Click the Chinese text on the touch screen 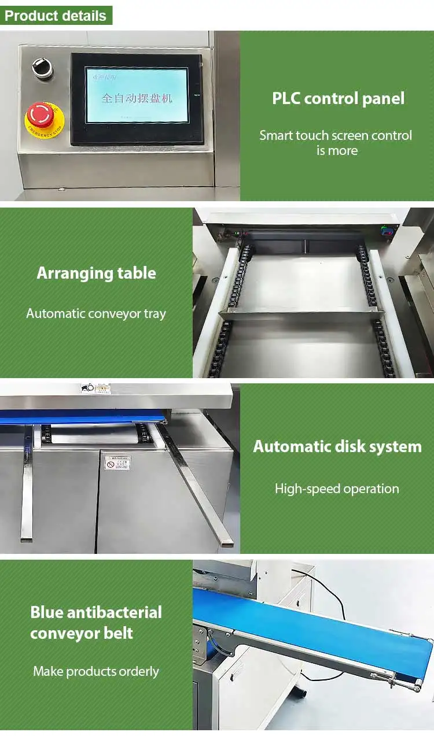pos(137,98)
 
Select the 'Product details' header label pos(56,16)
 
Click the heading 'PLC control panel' pos(338,98)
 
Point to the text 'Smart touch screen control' pos(336,135)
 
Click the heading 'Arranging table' pos(96,273)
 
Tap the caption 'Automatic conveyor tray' pos(96,313)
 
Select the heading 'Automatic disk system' pos(337,446)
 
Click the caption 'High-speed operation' pos(337,489)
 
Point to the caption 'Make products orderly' pos(96,671)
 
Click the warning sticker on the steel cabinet pos(117,463)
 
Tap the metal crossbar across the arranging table pos(301,314)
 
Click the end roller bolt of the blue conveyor pos(415,686)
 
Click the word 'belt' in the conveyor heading pos(118,633)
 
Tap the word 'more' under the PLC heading pos(345,151)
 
